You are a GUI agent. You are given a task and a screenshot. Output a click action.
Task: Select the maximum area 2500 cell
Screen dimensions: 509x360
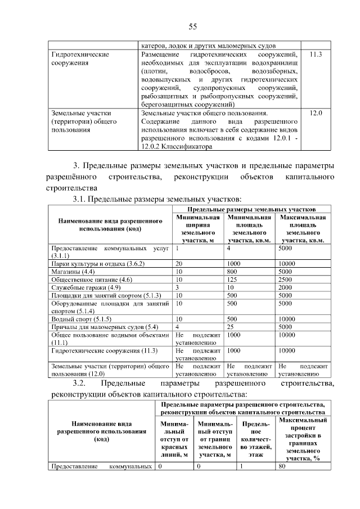coord(285,279)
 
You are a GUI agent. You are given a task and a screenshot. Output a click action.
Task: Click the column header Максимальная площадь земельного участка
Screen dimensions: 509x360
coord(303,228)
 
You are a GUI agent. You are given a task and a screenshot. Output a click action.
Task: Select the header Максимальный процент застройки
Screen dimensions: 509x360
coord(303,439)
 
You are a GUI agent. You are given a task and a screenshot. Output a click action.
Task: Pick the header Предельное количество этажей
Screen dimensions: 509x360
coord(256,439)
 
